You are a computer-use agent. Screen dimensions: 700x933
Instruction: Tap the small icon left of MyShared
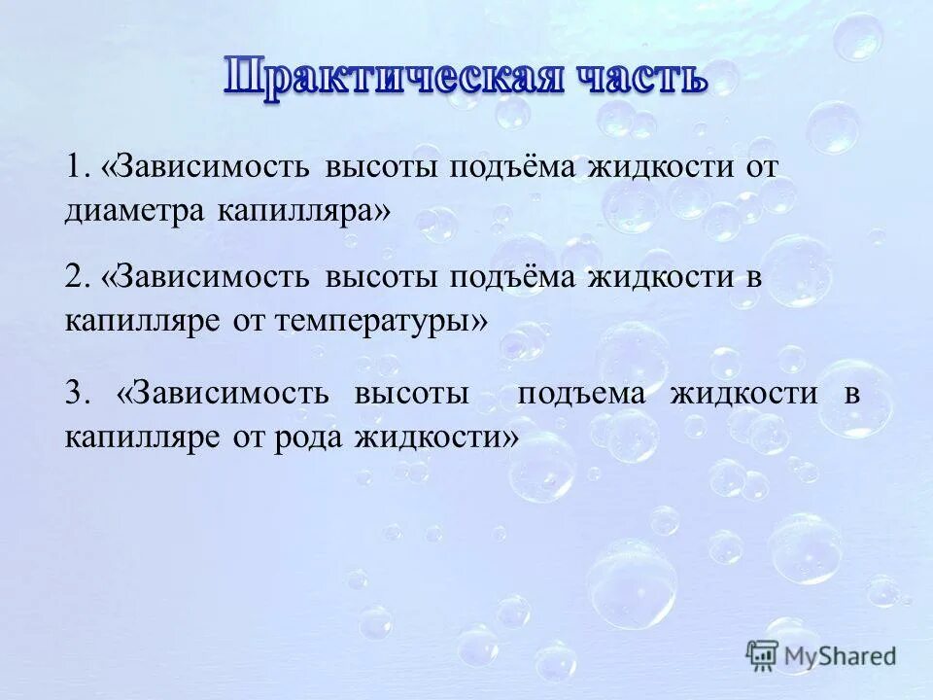pyautogui.click(x=763, y=656)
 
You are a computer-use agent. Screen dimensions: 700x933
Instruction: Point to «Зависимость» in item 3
pyautogui.click(x=229, y=395)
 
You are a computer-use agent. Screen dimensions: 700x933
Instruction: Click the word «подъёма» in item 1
pyautogui.click(x=514, y=166)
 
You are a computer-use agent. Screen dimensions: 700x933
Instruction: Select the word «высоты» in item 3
pyautogui.click(x=412, y=395)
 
